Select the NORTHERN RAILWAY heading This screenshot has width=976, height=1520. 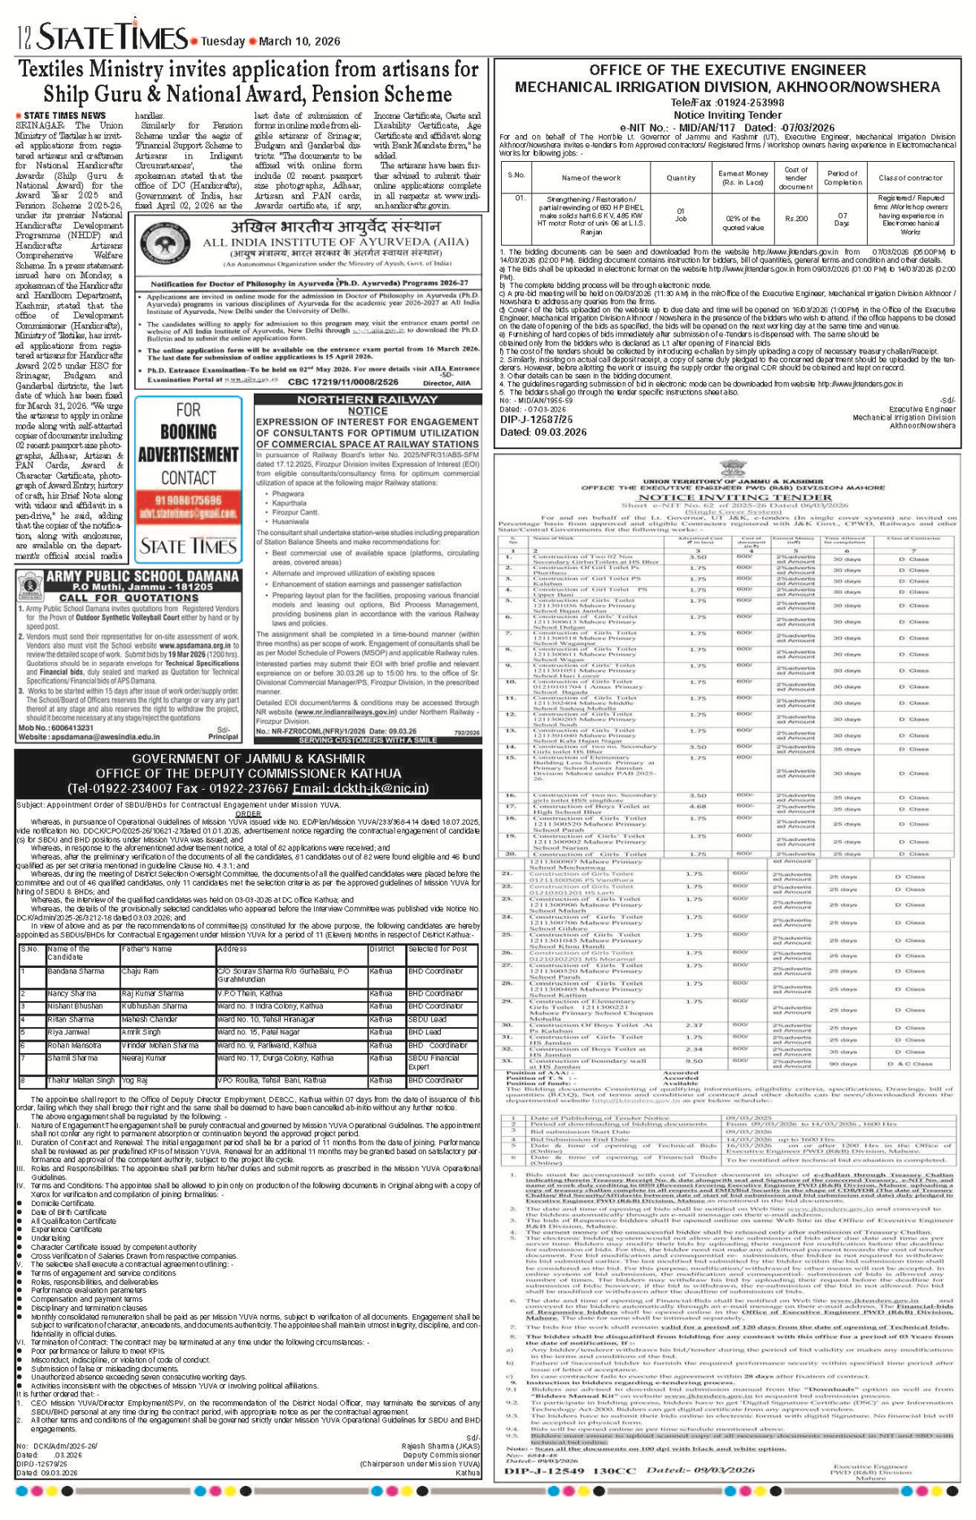click(x=367, y=399)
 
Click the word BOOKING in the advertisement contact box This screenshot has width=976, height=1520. click(x=188, y=432)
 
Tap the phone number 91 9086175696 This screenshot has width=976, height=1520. click(x=188, y=500)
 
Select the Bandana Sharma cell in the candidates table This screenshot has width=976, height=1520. click(x=76, y=971)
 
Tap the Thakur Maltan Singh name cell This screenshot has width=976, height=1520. click(x=81, y=1081)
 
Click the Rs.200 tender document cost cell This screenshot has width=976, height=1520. click(x=795, y=218)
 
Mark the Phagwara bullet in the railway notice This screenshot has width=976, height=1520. click(x=288, y=494)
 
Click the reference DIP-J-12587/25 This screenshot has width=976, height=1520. click(x=536, y=420)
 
